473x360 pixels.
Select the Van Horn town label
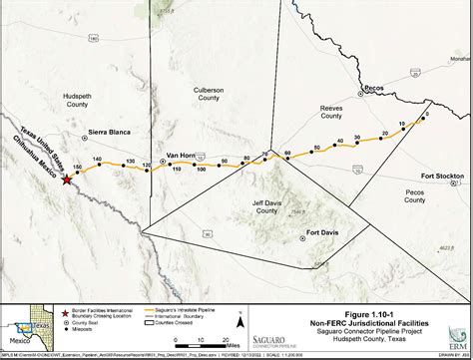[x=181, y=155]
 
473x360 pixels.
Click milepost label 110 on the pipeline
[x=177, y=170]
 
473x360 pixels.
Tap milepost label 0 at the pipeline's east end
[x=426, y=114]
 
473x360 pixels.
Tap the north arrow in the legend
[x=239, y=319]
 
